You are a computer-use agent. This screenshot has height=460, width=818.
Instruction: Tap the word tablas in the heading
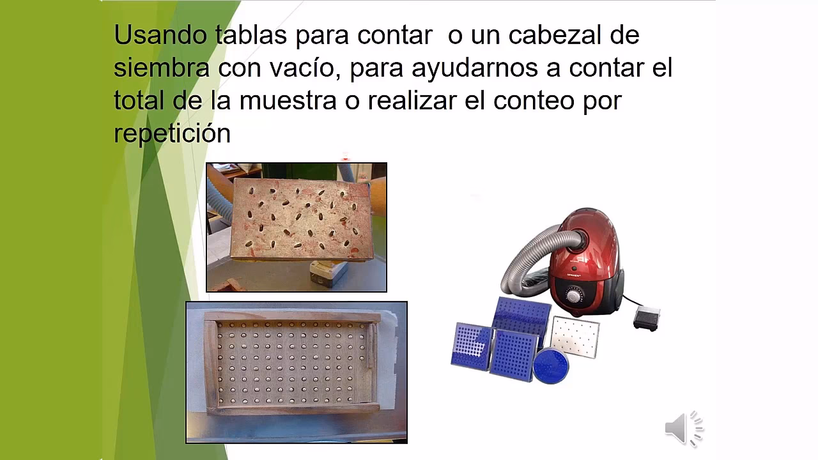pos(251,35)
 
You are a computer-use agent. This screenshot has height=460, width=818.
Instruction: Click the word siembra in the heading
pos(162,68)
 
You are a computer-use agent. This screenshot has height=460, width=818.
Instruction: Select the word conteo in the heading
pos(534,100)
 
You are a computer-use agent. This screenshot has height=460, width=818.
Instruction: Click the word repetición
pos(172,133)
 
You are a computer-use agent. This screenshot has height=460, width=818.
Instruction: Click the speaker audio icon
pos(683,427)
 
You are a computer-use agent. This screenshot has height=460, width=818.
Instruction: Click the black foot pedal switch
pos(647,318)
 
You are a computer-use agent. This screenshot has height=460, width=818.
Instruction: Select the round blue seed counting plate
pos(550,365)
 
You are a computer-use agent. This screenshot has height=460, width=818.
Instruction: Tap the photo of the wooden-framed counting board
pos(297,372)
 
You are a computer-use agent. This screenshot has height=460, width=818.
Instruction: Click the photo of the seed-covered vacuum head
pos(297,227)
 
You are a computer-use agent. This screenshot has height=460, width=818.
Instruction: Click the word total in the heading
pos(139,100)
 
